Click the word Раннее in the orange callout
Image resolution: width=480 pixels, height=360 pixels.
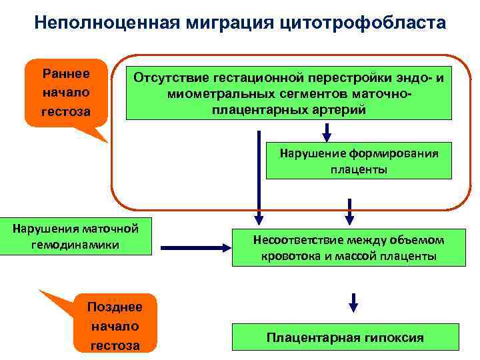(66, 71)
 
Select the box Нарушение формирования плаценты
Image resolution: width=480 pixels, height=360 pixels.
(358, 161)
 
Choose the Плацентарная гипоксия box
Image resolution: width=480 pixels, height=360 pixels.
(345, 337)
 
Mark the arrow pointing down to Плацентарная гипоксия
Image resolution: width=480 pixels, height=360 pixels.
(353, 302)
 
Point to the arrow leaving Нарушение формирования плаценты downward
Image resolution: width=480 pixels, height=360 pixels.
(347, 209)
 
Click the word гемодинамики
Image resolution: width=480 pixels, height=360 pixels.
(75, 245)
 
